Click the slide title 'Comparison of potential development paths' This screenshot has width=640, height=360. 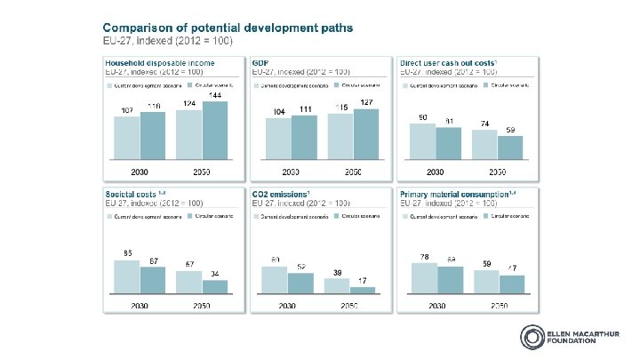coord(206,28)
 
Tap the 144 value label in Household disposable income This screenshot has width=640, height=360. coord(214,94)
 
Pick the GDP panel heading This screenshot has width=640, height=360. coord(260,63)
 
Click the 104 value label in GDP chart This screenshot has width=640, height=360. coord(277,111)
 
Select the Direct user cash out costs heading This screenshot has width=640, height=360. coord(448,63)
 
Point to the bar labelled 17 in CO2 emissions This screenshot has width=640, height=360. coord(363,289)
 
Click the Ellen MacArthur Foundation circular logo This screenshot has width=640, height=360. coord(531,338)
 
